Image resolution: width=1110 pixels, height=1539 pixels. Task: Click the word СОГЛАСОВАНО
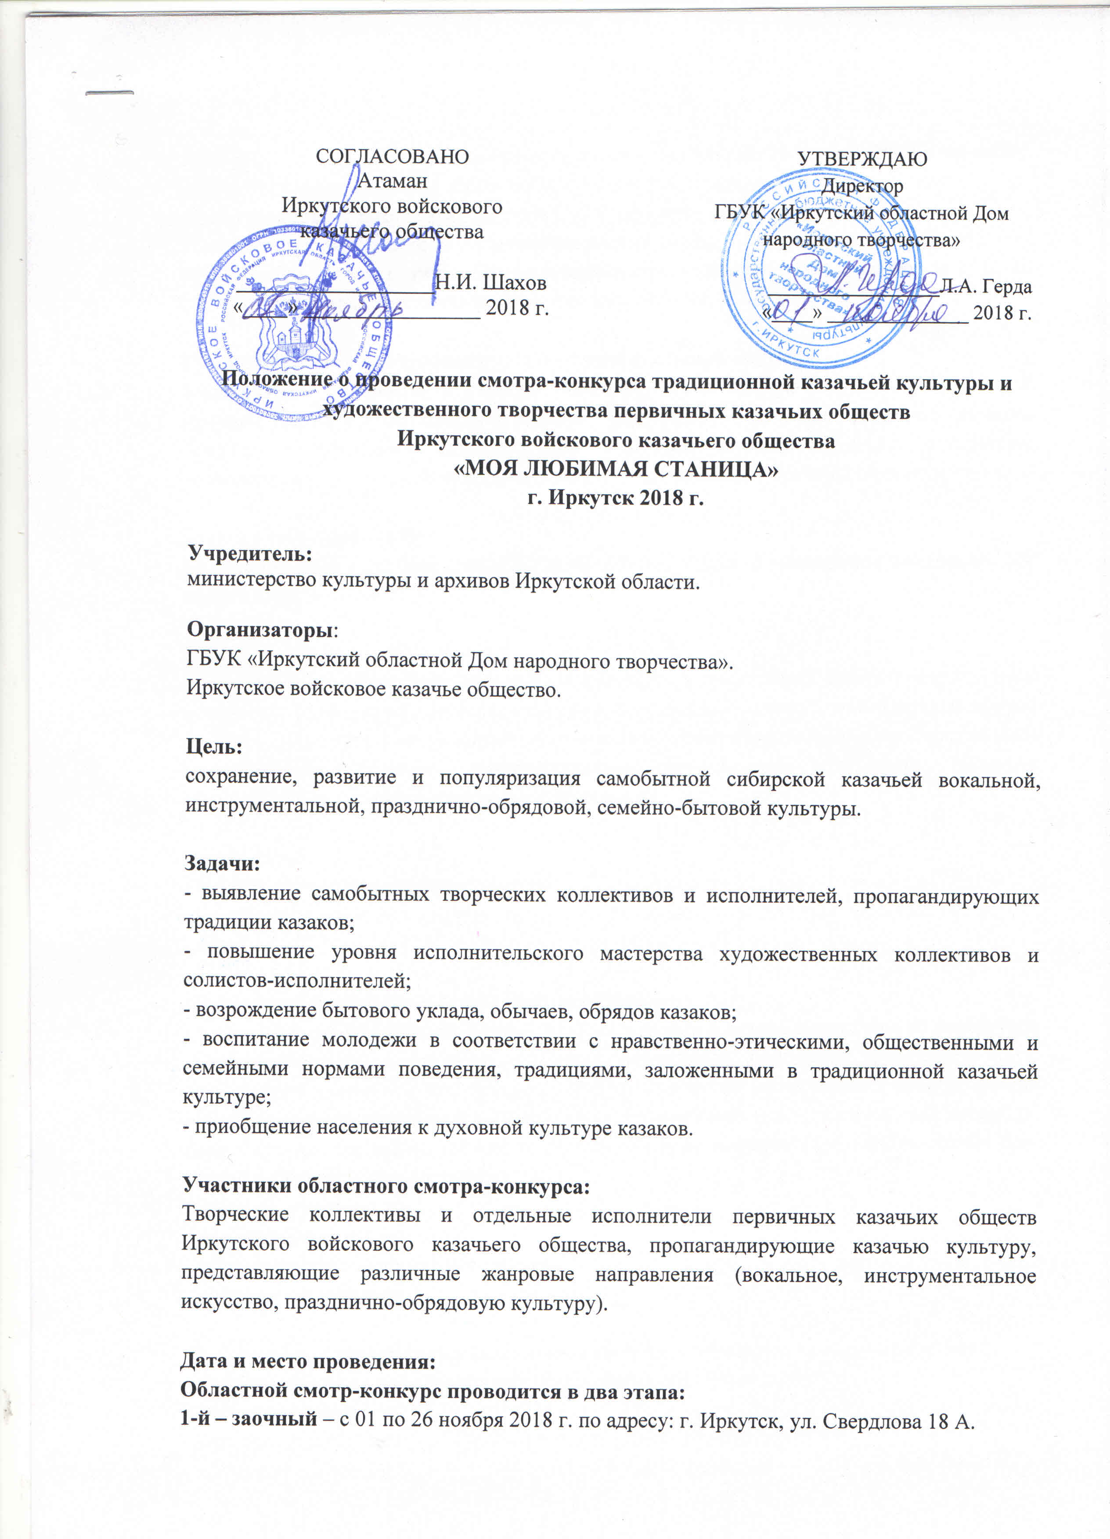[392, 157]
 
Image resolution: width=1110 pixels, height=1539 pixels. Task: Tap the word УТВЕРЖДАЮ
[861, 159]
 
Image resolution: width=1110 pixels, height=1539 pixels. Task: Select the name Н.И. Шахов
[490, 282]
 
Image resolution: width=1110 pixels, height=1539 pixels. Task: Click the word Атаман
[392, 181]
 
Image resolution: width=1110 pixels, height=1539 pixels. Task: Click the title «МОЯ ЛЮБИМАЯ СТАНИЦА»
[616, 469]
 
